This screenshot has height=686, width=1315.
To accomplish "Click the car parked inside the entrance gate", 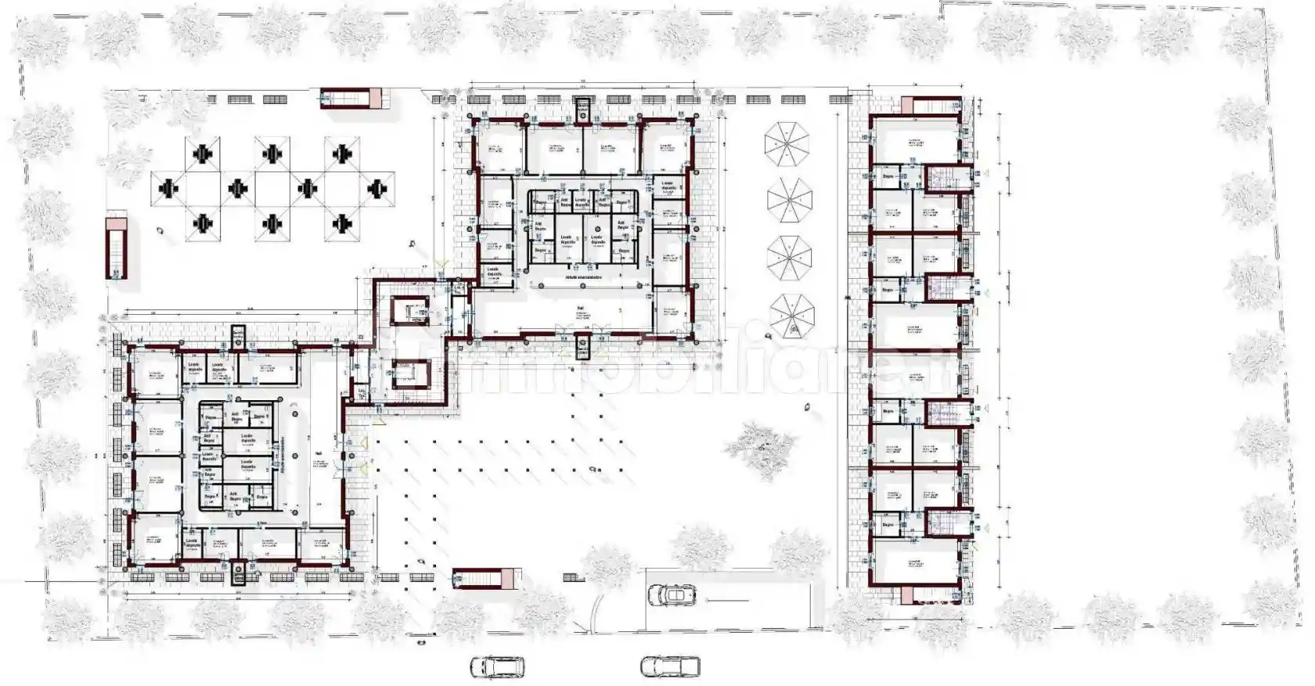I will [672, 594].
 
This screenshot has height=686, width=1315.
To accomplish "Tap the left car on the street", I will [497, 666].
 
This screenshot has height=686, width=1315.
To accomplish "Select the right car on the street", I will [670, 666].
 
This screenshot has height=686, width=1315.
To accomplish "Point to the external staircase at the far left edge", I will [117, 247].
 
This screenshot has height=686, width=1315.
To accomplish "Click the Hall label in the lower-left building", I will [318, 453].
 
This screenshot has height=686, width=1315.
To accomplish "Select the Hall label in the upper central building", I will [580, 308].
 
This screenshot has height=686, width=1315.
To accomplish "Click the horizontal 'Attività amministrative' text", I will [583, 278].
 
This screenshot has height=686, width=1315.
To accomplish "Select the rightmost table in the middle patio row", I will [378, 188].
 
